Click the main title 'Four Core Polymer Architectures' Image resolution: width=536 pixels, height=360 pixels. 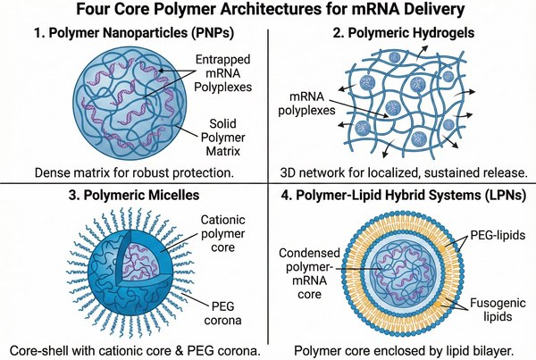(268, 13)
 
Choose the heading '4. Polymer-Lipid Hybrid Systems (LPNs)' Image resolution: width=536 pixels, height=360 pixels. (402, 194)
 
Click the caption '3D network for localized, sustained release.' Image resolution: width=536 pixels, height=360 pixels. (402, 170)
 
